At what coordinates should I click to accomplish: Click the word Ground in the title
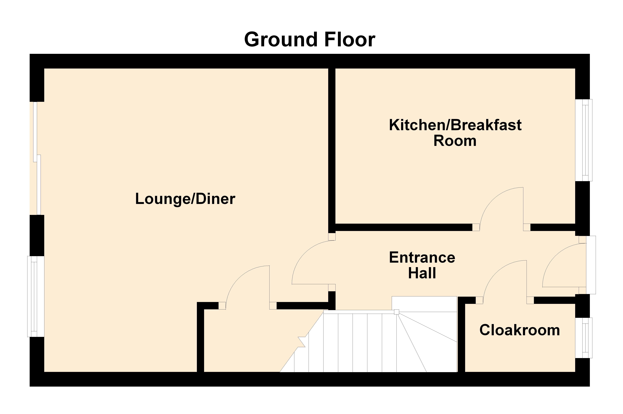281,40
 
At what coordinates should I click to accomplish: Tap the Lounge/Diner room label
185,199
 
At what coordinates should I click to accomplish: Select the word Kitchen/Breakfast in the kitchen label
455,125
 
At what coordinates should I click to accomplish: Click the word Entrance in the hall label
422,257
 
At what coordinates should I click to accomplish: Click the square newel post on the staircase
396,312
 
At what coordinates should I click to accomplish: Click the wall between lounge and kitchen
332,148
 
